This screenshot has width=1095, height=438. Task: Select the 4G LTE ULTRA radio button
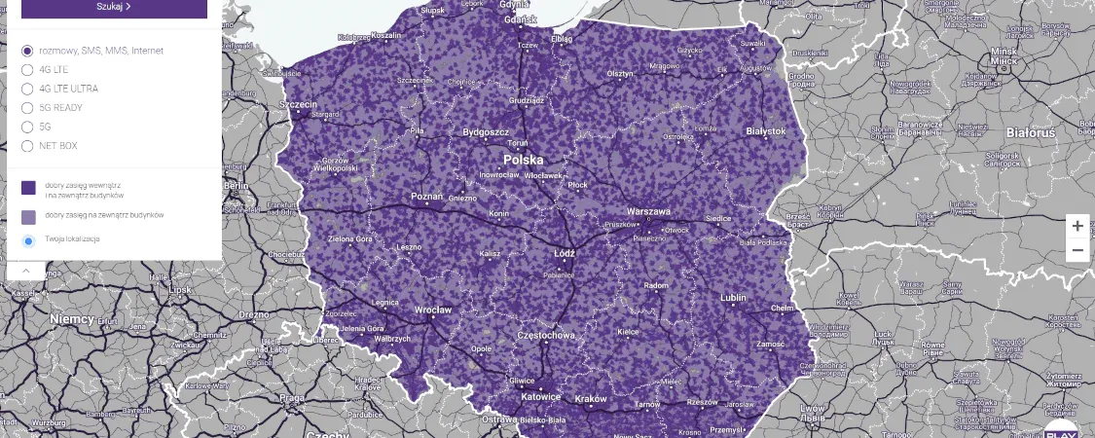pyautogui.click(x=27, y=89)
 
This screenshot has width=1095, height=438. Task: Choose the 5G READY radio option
pyautogui.click(x=27, y=108)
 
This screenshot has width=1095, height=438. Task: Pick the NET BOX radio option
pyautogui.click(x=27, y=146)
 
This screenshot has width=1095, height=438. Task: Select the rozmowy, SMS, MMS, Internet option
pyautogui.click(x=27, y=51)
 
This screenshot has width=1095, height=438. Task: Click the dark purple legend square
pyautogui.click(x=28, y=187)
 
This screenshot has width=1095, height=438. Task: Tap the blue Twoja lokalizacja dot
pyautogui.click(x=28, y=240)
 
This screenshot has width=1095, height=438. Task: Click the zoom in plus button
pyautogui.click(x=1077, y=226)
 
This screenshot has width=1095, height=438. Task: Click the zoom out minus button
pyautogui.click(x=1077, y=250)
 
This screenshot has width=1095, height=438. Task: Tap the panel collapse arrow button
pyautogui.click(x=25, y=271)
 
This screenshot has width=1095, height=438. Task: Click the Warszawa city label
pyautogui.click(x=648, y=210)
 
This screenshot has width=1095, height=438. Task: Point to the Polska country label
pyautogui.click(x=523, y=159)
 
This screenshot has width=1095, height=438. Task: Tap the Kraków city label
pyautogui.click(x=590, y=398)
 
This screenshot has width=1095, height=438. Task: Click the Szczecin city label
pyautogui.click(x=299, y=104)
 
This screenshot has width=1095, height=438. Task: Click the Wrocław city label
pyautogui.click(x=433, y=310)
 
